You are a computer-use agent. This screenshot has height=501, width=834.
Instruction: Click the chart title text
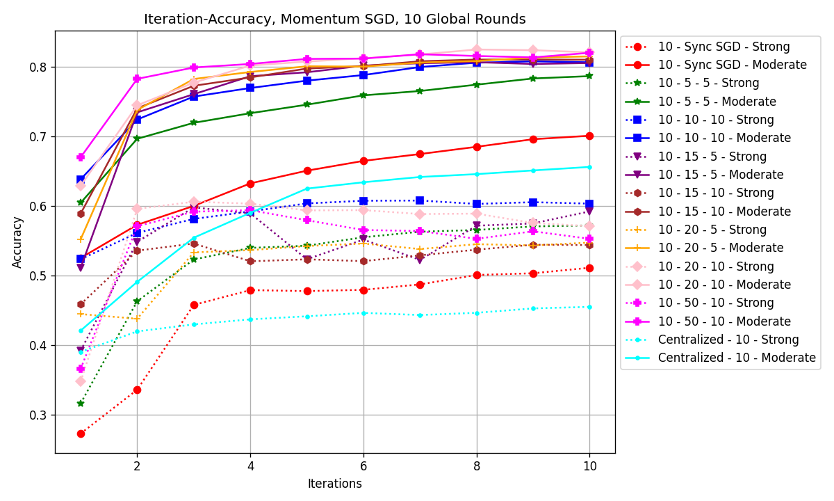[334, 19]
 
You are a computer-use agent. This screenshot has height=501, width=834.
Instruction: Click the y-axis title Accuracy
[17, 241]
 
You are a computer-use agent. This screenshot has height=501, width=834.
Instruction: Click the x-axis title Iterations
[334, 484]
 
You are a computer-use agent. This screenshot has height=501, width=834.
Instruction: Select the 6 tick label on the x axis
[363, 466]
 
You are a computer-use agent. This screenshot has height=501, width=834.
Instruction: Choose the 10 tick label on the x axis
[589, 466]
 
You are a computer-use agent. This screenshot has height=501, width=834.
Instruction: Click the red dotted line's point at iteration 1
[81, 434]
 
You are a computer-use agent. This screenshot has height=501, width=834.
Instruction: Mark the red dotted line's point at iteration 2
[137, 390]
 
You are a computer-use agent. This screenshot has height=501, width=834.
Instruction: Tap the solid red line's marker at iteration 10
[589, 136]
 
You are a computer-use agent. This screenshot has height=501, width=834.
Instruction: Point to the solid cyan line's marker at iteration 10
[589, 167]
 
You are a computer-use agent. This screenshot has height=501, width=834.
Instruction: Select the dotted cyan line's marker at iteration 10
[589, 307]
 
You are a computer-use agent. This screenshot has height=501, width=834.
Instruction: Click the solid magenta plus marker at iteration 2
[137, 79]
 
